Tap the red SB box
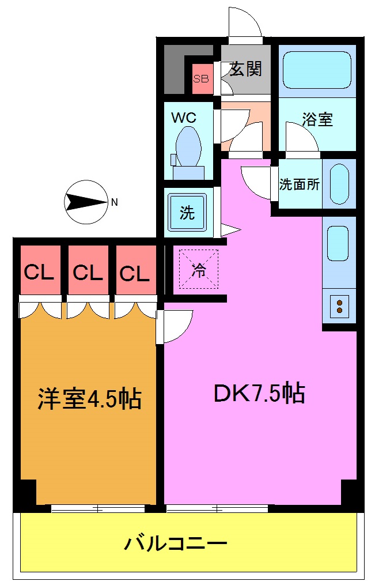pyautogui.click(x=201, y=79)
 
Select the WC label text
pyautogui.click(x=184, y=118)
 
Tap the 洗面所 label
pyautogui.click(x=299, y=184)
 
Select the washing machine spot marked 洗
pyautogui.click(x=187, y=213)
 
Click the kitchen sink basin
pyautogui.click(x=338, y=243)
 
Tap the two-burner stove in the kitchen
pyautogui.click(x=339, y=306)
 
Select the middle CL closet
pyautogui.click(x=88, y=272)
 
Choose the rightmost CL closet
pyautogui.click(x=135, y=272)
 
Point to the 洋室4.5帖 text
pyautogui.click(x=89, y=398)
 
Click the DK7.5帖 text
pyautogui.click(x=259, y=393)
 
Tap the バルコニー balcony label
pyautogui.click(x=176, y=543)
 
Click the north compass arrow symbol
pyautogui.click(x=85, y=202)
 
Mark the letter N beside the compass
pyautogui.click(x=115, y=202)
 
